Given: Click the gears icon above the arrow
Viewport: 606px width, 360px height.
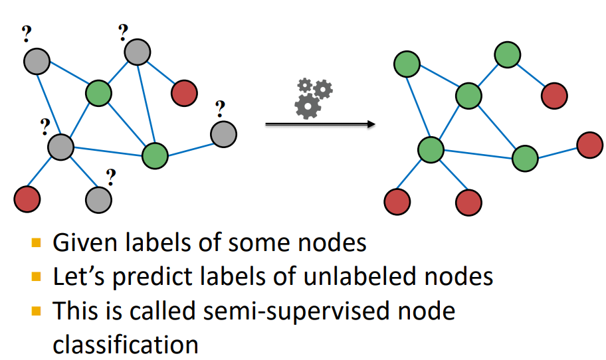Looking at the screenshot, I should click(313, 98).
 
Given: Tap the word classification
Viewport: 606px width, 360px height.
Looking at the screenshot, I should click(126, 345).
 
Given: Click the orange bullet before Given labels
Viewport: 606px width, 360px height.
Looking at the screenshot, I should click(38, 242).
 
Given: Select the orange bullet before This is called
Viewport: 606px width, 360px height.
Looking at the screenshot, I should click(38, 310).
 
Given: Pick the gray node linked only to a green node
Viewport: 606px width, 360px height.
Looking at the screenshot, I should click(223, 134).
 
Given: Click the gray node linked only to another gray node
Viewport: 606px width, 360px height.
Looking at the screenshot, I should click(98, 197).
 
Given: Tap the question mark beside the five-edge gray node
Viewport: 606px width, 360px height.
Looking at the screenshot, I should click(45, 124).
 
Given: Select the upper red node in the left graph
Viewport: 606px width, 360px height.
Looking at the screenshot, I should click(184, 93).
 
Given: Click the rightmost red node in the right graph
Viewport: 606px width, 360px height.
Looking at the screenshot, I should click(589, 145).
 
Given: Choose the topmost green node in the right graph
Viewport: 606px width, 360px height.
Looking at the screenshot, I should click(508, 55).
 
